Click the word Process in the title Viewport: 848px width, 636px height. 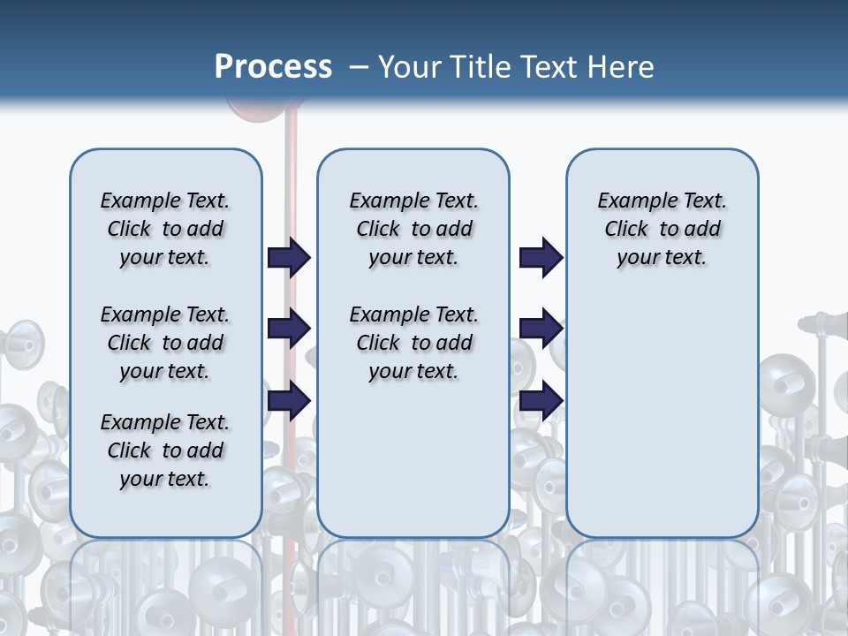click(273, 67)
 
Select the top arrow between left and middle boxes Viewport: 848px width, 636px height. click(289, 257)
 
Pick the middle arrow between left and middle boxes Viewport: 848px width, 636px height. click(289, 329)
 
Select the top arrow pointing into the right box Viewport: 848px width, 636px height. click(541, 257)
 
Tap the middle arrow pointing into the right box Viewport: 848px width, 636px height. click(541, 329)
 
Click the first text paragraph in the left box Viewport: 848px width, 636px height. click(165, 229)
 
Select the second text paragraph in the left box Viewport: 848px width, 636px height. click(165, 343)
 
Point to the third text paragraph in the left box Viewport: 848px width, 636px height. click(165, 450)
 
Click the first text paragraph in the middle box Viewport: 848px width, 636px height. click(413, 229)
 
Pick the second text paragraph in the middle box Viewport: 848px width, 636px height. click(413, 343)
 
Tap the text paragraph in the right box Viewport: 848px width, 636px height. click(662, 229)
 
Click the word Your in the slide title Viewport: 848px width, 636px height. click(408, 67)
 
